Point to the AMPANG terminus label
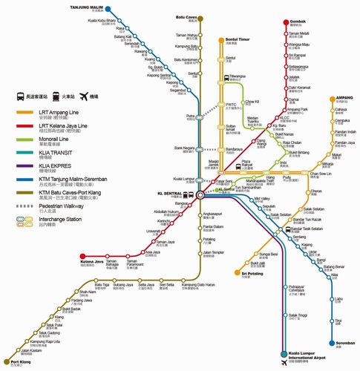[x=344, y=97]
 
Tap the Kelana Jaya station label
[x=92, y=261]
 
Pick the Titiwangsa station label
[x=238, y=76]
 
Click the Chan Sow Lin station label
[x=320, y=174]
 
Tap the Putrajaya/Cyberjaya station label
[x=299, y=289]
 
